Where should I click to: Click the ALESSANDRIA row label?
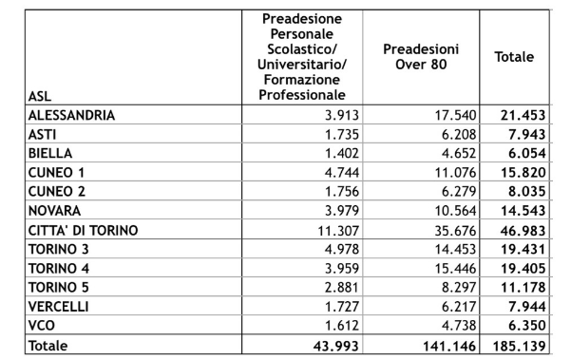tap(72, 115)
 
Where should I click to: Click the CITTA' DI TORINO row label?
tap(84, 231)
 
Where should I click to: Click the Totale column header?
tap(514, 57)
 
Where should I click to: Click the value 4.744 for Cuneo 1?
tap(329, 172)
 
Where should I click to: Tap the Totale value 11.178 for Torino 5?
tap(514, 287)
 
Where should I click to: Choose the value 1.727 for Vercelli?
tap(329, 305)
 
